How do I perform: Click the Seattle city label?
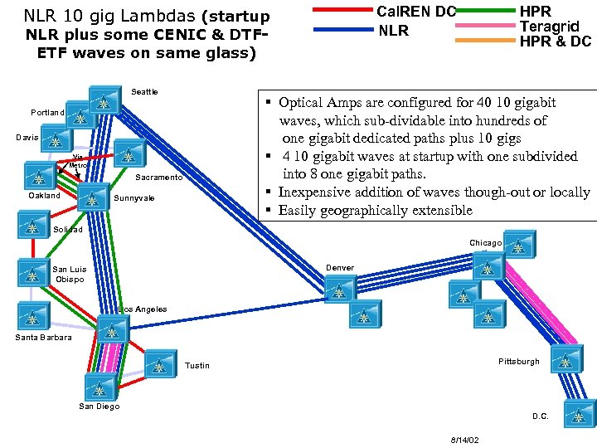(x=144, y=92)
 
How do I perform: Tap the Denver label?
(x=340, y=268)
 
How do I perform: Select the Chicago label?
(x=486, y=243)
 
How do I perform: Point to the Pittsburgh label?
(x=518, y=362)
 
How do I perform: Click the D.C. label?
(x=540, y=416)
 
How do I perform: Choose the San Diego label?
(x=99, y=407)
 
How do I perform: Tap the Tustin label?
(x=197, y=366)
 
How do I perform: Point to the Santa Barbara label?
(x=43, y=338)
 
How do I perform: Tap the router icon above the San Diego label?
(x=99, y=387)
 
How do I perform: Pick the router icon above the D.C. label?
(x=578, y=412)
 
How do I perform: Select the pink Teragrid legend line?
(x=486, y=27)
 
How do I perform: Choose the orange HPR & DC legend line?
(x=486, y=40)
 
